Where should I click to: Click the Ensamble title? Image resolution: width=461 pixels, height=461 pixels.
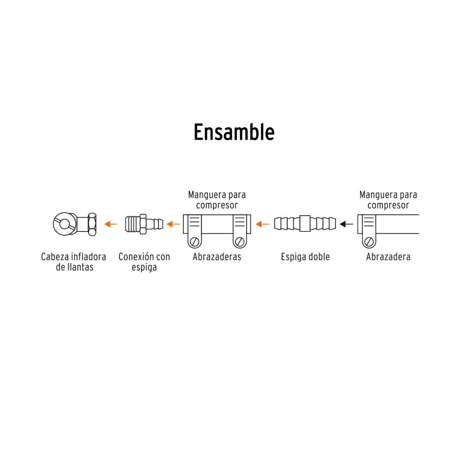point(234,132)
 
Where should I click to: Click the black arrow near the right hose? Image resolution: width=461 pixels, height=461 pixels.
point(346,224)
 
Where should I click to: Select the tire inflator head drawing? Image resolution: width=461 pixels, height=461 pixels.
point(74,224)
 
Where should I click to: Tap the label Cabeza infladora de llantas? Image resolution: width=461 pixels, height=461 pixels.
point(73,262)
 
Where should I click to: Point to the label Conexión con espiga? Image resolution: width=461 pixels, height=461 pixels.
point(144,262)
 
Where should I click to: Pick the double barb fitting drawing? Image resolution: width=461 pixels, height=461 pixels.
point(305,224)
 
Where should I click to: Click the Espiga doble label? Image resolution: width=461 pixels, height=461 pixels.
point(305,257)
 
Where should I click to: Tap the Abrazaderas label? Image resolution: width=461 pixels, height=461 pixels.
point(217,257)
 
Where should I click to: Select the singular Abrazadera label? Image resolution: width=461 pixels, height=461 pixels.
point(388,257)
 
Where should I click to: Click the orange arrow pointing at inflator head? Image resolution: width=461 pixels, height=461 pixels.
point(111,224)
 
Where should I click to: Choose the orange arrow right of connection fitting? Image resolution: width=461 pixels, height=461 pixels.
point(173,224)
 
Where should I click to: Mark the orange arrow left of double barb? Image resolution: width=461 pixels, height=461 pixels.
point(262,224)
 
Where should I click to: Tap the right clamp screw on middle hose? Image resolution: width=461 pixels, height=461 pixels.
point(239,241)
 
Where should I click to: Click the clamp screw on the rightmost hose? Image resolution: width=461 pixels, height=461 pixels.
point(369,241)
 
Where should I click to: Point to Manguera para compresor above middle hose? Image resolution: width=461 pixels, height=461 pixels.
point(217,200)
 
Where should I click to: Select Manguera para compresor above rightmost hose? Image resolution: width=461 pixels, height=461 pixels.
point(388,200)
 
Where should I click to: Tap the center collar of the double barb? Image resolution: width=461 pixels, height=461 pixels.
point(305,224)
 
